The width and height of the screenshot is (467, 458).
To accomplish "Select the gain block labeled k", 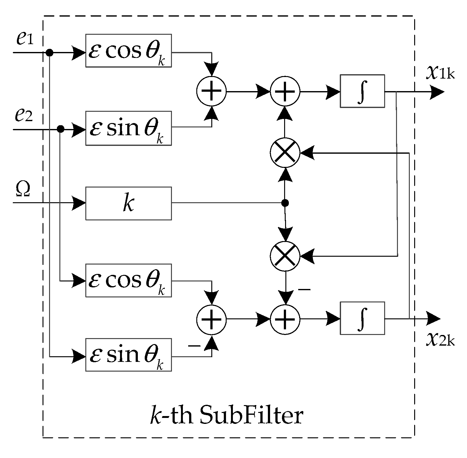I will (x=128, y=203).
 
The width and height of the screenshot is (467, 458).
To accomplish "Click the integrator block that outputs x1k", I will (x=362, y=91).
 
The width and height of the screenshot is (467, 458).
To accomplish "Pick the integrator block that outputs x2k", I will (x=362, y=318).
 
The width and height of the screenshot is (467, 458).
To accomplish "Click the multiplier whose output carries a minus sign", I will (x=285, y=256).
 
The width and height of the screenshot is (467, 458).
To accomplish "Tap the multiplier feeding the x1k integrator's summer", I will (x=285, y=153).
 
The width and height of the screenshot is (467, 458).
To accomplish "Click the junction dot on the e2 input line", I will (x=61, y=129).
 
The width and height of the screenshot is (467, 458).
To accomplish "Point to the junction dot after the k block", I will (x=285, y=203).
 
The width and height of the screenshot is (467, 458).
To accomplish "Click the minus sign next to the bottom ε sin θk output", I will (x=194, y=346).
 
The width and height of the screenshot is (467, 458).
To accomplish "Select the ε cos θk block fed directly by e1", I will (x=128, y=51).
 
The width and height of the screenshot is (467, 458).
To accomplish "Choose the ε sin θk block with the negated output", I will (x=128, y=355).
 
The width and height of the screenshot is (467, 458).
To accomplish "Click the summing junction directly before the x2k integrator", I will (x=285, y=319).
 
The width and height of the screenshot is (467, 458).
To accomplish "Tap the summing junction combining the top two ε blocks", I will (x=211, y=91).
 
